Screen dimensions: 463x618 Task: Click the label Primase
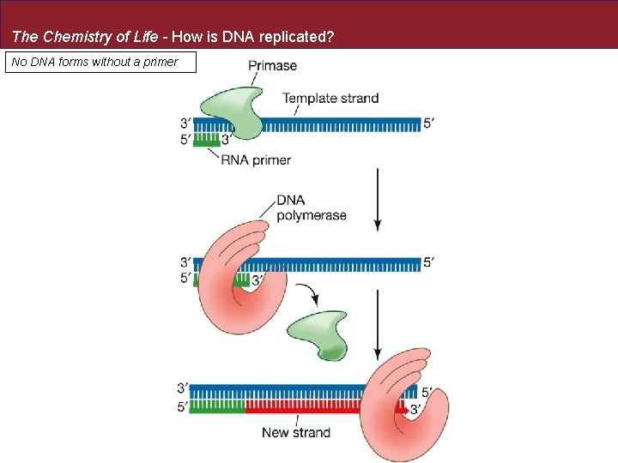coord(272,65)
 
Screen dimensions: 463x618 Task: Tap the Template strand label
coord(330,98)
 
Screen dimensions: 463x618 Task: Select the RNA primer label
coord(256,159)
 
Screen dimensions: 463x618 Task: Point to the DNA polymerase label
coord(311,207)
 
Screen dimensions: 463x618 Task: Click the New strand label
coord(296,432)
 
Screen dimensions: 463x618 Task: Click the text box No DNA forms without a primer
coord(100,62)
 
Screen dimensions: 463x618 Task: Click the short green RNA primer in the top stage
coord(206,139)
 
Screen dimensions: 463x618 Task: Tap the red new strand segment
coord(318,408)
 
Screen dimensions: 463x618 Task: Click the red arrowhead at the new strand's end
coord(402,409)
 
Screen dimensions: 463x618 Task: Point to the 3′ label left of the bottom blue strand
coord(183,388)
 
